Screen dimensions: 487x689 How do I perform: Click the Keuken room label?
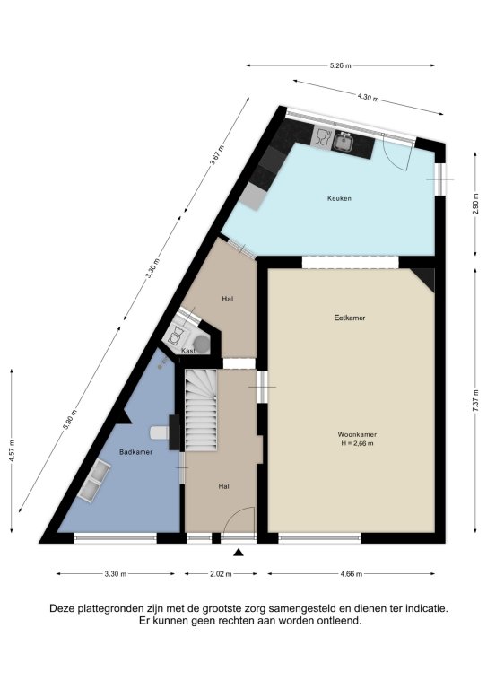339,198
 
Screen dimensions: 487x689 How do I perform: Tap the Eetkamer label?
350,318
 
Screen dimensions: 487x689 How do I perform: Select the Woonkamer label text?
357,434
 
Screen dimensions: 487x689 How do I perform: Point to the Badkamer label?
135,452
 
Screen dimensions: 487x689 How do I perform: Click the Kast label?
188,351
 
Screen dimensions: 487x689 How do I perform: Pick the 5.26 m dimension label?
340,65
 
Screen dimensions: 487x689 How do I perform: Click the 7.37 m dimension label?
475,401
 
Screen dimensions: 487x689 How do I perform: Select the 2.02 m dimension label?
221,574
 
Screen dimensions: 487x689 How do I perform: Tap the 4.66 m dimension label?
352,574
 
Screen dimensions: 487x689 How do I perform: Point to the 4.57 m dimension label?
12,451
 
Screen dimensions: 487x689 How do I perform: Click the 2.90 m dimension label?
474,204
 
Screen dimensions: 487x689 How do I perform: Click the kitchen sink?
342,142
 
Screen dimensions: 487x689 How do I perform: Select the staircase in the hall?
201,409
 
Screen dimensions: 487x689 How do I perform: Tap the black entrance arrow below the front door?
239,553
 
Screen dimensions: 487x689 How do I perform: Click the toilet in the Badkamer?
160,432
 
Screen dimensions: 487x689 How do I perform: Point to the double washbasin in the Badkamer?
93,480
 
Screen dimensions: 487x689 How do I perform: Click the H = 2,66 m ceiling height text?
357,443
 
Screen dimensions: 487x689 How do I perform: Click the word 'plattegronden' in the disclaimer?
110,608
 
